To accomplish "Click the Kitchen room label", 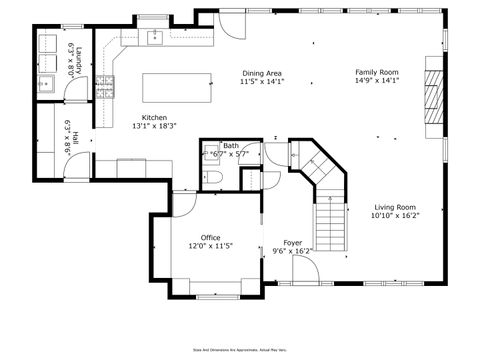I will coord(154,117).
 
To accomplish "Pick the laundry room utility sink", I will coord(46,83).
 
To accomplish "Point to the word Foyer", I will coord(293,243).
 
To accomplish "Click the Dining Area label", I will coord(262,73).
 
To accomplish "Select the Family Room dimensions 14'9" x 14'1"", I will coord(377,82).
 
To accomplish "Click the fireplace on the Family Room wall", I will coord(431,94).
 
